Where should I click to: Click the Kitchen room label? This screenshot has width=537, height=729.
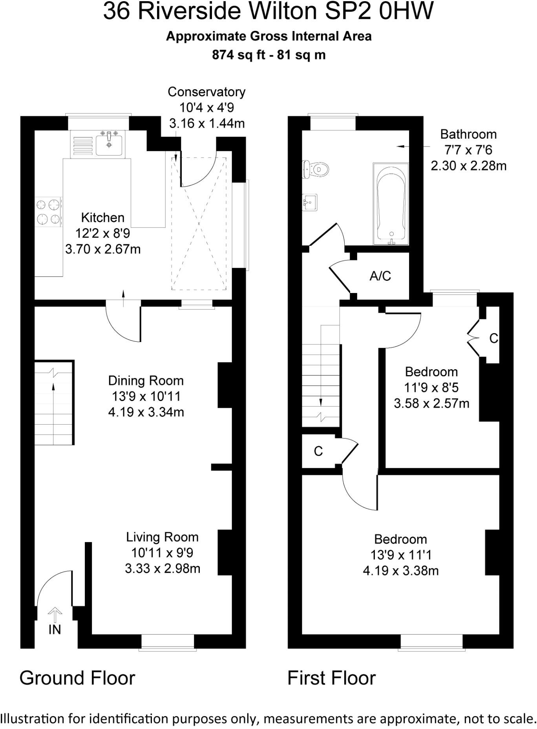pos(103,218)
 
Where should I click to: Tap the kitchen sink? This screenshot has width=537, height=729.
pos(109,143)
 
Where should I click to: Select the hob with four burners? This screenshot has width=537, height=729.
pos(49,212)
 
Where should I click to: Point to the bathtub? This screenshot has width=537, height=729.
pos(391,204)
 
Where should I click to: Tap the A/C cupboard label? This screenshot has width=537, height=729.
pos(380,276)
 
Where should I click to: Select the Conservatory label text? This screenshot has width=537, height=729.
pos(206,92)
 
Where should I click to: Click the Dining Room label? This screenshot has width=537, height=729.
pos(146,381)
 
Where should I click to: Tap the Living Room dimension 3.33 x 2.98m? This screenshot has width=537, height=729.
pos(163,568)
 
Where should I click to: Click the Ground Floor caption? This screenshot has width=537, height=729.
pos(77,678)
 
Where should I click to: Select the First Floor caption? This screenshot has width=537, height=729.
pos(331,678)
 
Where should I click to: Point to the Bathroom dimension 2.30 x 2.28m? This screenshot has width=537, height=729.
pos(468,166)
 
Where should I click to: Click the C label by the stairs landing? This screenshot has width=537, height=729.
pos(318,451)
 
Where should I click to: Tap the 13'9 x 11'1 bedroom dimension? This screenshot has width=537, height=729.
pos(401,555)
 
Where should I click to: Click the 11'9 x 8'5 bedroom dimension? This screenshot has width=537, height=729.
pos(431,388)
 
